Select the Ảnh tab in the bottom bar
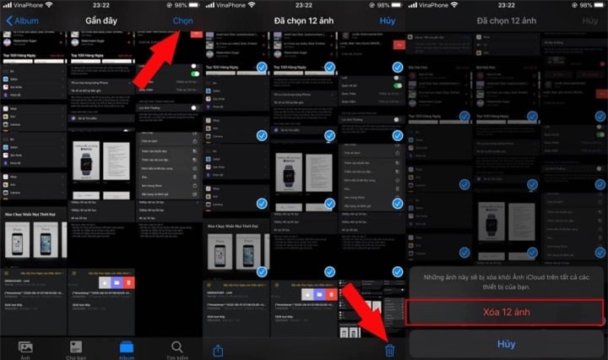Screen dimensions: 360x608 click(25, 349)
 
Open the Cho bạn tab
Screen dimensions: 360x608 click(75, 349)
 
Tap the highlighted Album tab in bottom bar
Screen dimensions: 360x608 click(126, 349)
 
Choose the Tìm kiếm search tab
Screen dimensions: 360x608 click(176, 349)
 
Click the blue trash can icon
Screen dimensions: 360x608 click(389, 349)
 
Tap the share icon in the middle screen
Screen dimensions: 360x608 click(219, 349)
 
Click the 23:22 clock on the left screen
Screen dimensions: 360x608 click(100, 5)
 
